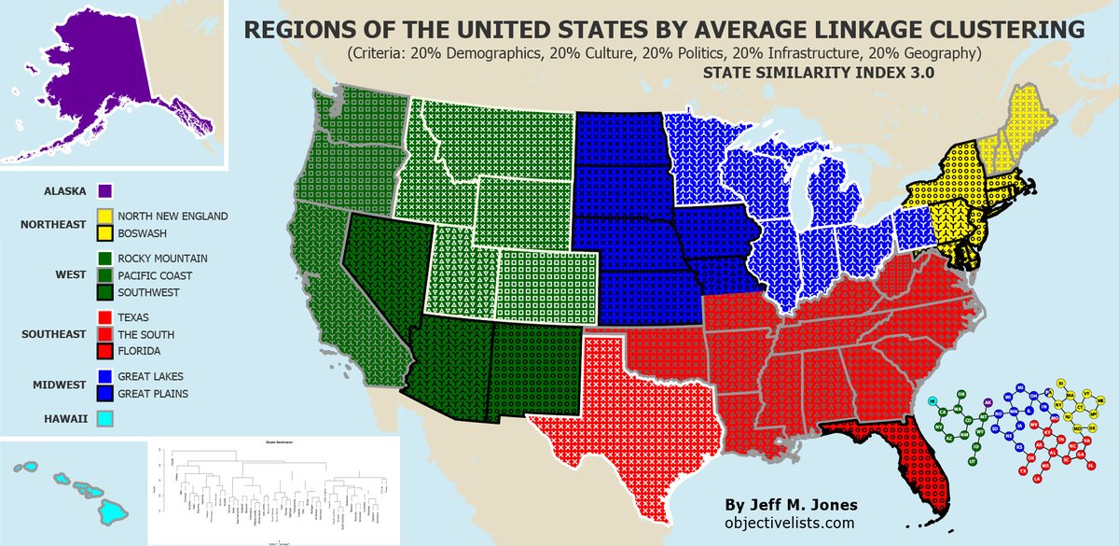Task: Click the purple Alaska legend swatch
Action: (105, 191)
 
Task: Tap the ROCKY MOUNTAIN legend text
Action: (162, 258)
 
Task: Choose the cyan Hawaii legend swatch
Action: (105, 419)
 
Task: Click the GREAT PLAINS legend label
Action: (153, 394)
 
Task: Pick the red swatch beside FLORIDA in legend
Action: (105, 351)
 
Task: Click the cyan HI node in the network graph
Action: (932, 401)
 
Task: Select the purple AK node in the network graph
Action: (988, 402)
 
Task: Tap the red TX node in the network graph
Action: (1023, 470)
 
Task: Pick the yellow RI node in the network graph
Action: (1061, 383)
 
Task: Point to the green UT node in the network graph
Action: (973, 461)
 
